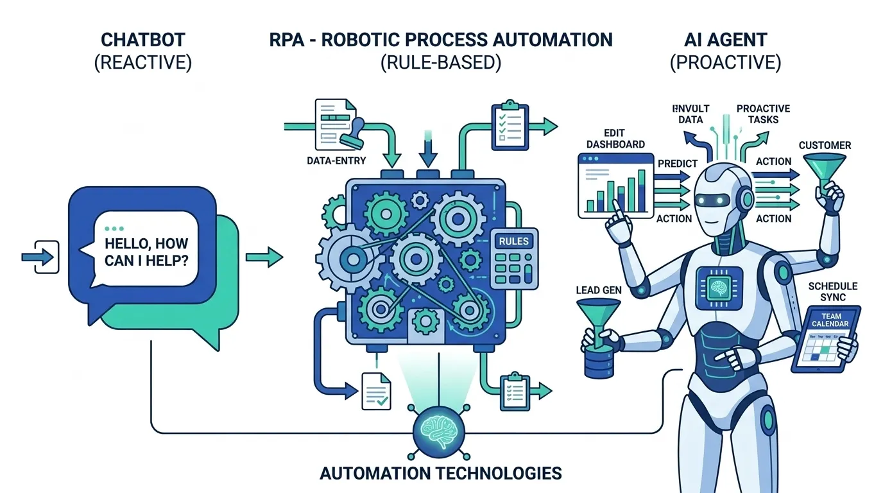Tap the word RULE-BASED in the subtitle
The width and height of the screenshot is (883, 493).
coord(440,64)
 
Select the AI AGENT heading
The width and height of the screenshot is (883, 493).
coord(725,40)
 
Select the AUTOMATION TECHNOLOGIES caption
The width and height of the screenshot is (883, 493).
coord(440,474)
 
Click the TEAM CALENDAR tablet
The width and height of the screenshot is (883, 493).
coord(825,340)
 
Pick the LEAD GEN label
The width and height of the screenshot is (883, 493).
coord(599,290)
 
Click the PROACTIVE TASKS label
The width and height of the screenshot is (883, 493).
coord(763,114)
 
